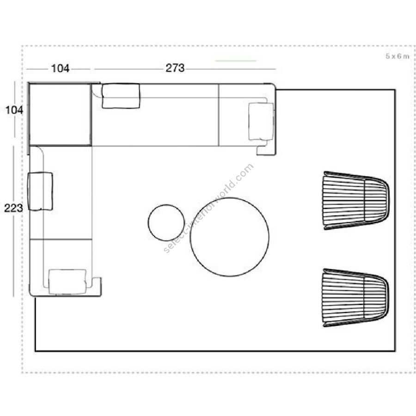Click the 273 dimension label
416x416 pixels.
tap(175, 68)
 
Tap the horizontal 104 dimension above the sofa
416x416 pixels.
tap(60, 68)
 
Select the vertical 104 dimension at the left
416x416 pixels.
tap(14, 110)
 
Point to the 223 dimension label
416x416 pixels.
tap(13, 208)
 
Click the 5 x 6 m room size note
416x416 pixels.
tap(398, 56)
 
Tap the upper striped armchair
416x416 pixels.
tap(356, 200)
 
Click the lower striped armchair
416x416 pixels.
tap(356, 298)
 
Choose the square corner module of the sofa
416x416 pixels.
tap(61, 115)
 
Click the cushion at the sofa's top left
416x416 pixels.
tap(121, 96)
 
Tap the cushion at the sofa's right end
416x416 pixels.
tap(261, 121)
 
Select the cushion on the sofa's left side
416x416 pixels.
tap(40, 191)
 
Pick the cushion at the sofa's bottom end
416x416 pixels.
tap(68, 282)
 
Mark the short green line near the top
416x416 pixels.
tap(236, 61)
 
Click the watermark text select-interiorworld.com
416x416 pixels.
tap(209, 208)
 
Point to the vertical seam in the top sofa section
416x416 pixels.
tap(218, 115)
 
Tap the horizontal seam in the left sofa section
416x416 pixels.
tap(61, 239)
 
